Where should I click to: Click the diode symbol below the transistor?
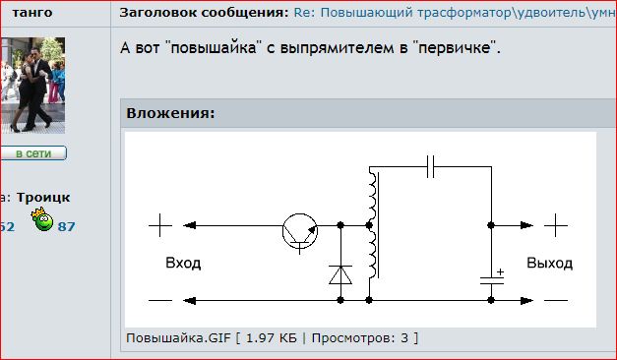click(x=340, y=274)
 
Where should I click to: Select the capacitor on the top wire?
click(x=430, y=167)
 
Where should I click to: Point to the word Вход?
click(x=183, y=263)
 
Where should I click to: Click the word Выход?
click(x=550, y=264)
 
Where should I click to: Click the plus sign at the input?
click(x=160, y=225)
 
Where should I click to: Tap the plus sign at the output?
click(x=556, y=225)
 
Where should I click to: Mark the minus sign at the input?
click(x=160, y=301)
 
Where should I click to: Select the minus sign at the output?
click(x=556, y=301)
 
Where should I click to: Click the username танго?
click(x=32, y=13)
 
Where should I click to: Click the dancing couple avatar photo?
click(x=32, y=86)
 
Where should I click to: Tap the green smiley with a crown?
click(x=42, y=219)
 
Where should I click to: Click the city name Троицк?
click(x=43, y=198)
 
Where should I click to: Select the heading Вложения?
click(x=171, y=113)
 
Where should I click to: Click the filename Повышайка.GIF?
click(x=178, y=338)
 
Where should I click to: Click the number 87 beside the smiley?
click(x=66, y=226)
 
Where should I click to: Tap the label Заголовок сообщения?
click(x=205, y=13)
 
